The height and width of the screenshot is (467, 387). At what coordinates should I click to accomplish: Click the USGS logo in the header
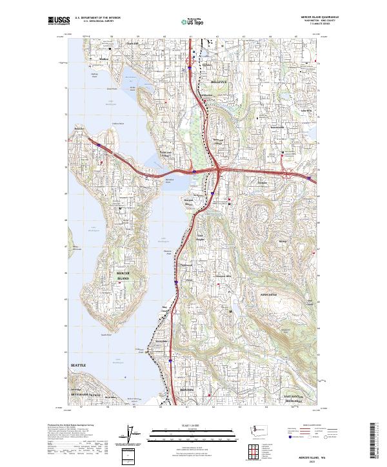57,21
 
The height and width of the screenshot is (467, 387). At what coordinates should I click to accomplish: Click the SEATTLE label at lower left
77,365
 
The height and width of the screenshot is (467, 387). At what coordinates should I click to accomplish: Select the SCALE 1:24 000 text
193,425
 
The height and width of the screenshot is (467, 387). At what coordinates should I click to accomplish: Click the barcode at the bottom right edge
372,444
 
